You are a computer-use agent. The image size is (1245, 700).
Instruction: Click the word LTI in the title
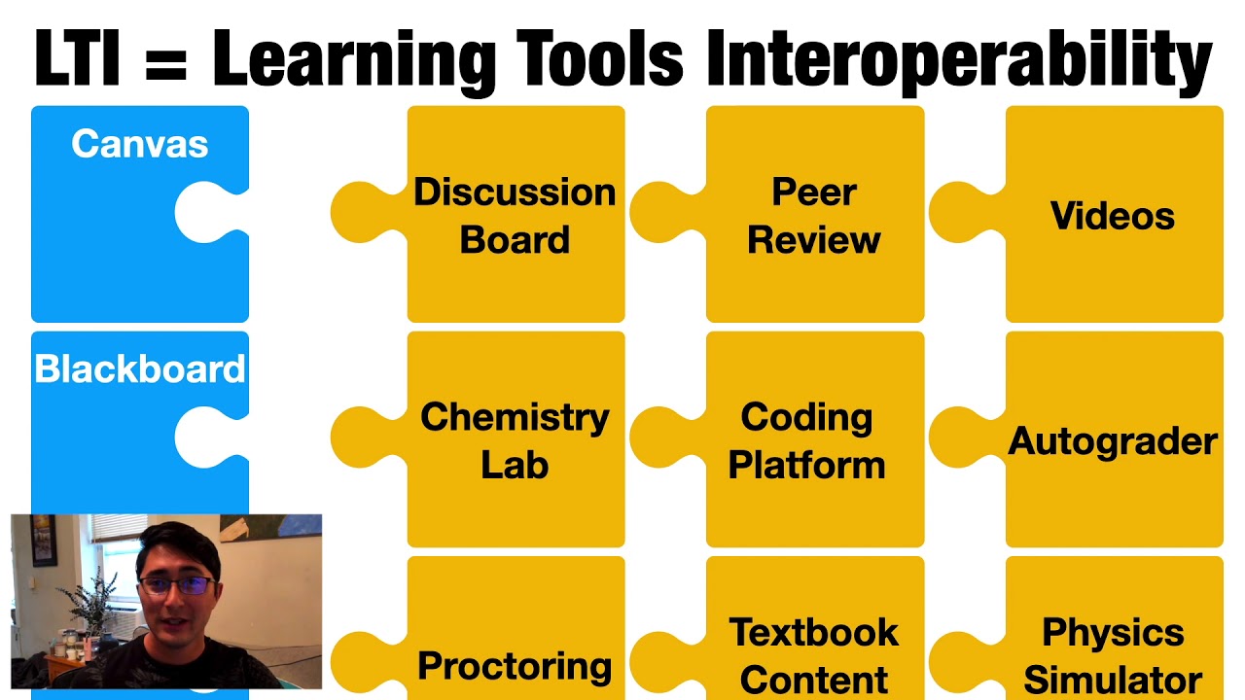click(77, 58)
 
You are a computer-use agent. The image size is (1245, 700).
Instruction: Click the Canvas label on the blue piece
click(140, 145)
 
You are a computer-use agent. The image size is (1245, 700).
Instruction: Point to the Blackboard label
click(140, 369)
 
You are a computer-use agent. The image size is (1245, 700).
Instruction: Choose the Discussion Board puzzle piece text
click(515, 216)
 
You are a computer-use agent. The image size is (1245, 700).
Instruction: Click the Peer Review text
click(814, 216)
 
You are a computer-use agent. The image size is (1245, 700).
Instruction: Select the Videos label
click(1113, 216)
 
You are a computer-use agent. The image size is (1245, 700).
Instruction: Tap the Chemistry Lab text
click(515, 440)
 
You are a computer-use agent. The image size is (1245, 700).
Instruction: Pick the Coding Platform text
click(806, 440)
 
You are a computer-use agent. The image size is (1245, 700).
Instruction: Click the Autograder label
click(1113, 441)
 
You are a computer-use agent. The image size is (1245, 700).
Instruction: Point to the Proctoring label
click(515, 666)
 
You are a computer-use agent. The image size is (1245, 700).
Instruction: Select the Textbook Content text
click(814, 655)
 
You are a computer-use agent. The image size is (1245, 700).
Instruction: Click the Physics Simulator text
click(1113, 655)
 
